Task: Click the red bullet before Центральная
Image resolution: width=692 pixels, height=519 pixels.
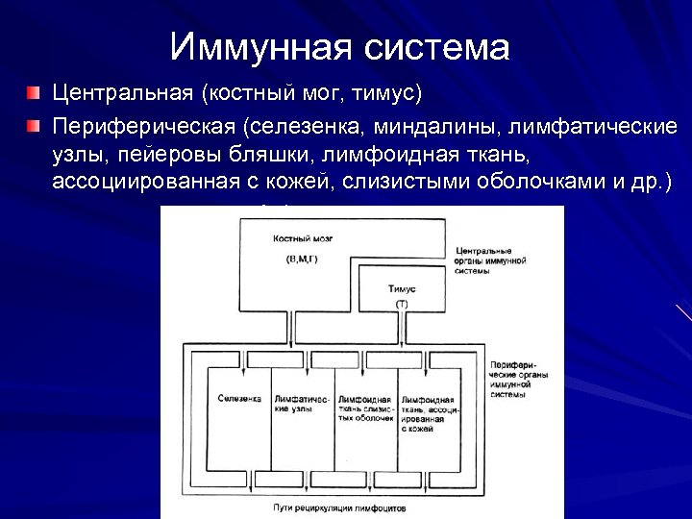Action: tap(34, 94)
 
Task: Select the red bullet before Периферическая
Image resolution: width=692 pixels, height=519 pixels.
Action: tap(34, 126)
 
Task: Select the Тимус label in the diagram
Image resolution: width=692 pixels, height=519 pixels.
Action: tap(402, 288)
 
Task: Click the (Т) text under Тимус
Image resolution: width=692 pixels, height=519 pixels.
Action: tap(402, 304)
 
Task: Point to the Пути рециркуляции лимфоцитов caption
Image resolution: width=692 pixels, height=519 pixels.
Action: tap(353, 506)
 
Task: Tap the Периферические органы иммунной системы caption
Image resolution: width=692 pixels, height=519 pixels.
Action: tap(519, 381)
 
